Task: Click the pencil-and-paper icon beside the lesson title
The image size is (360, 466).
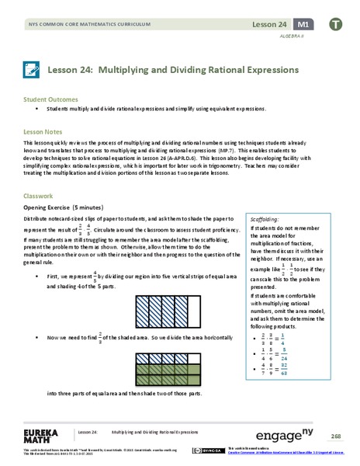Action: click(32, 69)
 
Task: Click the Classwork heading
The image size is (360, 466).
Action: click(40, 197)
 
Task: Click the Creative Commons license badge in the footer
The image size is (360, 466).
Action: click(203, 450)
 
